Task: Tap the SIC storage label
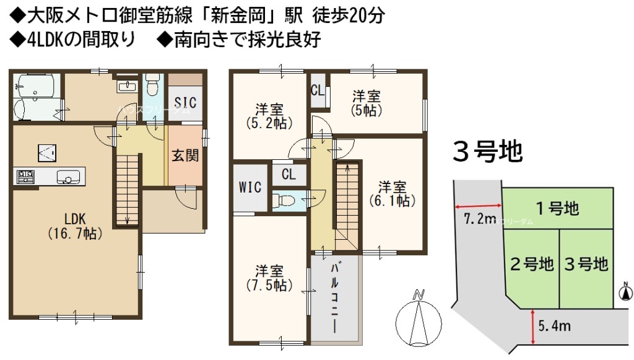(185, 103)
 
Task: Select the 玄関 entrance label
(185, 156)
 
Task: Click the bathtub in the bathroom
(37, 85)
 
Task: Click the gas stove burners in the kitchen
(25, 177)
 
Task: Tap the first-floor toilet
(152, 84)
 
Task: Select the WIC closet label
(250, 187)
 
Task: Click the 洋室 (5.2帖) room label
(269, 116)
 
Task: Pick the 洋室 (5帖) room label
(367, 103)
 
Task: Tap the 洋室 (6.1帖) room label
(392, 194)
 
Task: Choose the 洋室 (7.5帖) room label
(269, 278)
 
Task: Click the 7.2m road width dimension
(479, 219)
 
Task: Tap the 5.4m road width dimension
(554, 326)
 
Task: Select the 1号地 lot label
(558, 208)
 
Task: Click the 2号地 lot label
(532, 264)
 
